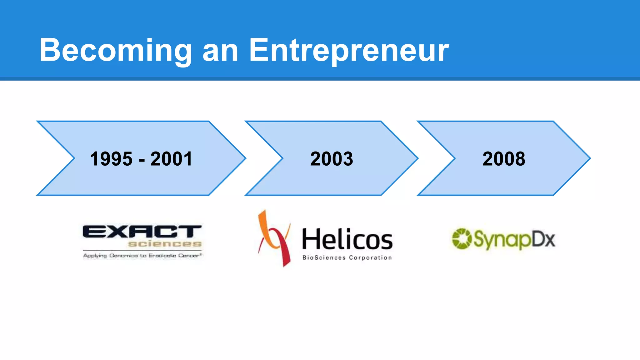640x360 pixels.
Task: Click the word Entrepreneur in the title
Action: (349, 50)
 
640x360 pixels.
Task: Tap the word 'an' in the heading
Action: (221, 52)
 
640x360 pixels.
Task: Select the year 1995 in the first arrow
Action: (111, 159)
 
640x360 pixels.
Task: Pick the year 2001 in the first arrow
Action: (171, 159)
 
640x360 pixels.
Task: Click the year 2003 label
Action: (332, 159)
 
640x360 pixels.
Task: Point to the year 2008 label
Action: (504, 159)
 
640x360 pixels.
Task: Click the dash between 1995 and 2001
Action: (142, 160)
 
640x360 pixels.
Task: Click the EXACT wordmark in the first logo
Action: (142, 232)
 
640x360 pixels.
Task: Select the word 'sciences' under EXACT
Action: (165, 244)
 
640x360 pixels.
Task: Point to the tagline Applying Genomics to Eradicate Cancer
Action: (142, 256)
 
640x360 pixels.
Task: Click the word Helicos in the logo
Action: (347, 239)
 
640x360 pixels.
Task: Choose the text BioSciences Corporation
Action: (347, 258)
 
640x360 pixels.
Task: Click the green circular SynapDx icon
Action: (462, 239)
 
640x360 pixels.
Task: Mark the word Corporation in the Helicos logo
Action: (370, 258)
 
